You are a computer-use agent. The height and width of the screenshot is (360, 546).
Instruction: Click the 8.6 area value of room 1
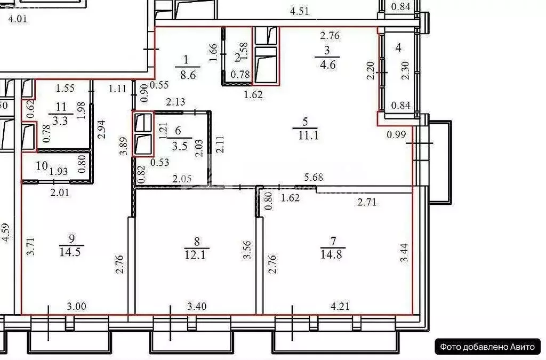(x=186, y=75)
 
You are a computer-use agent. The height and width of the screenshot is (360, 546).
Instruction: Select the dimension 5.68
(x=314, y=178)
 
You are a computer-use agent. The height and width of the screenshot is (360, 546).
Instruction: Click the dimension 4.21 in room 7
(x=341, y=307)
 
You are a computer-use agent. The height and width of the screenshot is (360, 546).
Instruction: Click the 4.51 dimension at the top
(x=300, y=10)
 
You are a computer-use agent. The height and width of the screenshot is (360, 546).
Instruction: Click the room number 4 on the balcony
(x=398, y=48)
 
